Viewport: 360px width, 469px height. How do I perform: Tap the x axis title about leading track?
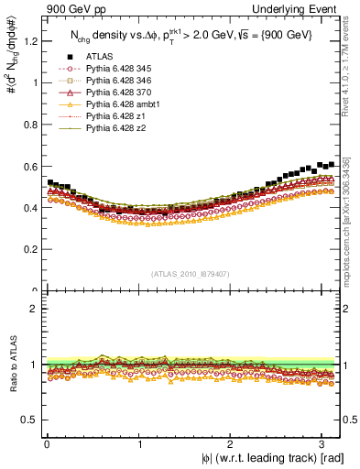click(273, 459)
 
